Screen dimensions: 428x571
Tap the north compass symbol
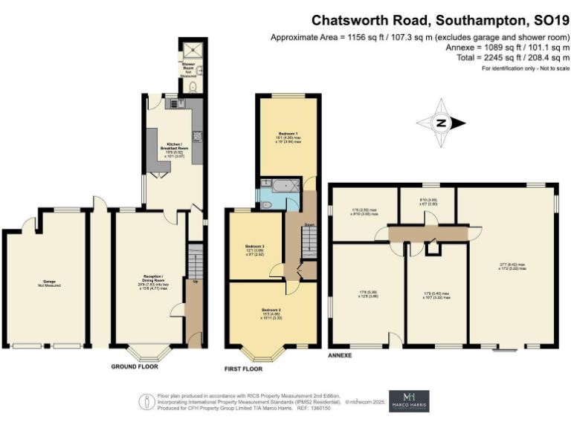coord(442,123)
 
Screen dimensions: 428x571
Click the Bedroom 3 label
coord(255,250)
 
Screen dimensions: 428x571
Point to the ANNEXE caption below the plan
coord(340,356)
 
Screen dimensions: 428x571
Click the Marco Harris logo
coord(409,401)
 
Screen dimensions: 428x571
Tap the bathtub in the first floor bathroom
coord(282,185)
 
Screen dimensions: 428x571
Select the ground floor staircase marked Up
coord(196,264)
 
